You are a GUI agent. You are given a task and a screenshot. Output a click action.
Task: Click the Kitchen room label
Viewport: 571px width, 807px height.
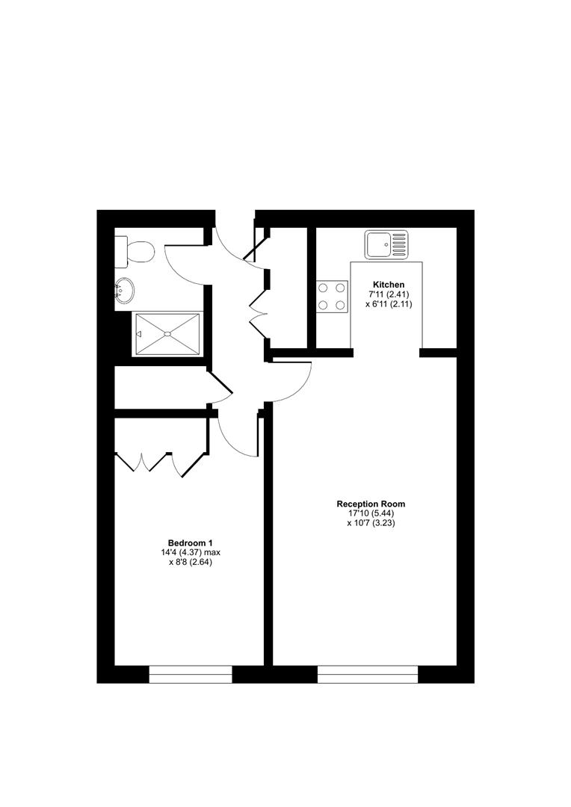pos(389,285)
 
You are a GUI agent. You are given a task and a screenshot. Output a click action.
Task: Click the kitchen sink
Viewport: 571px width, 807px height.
pos(387,244)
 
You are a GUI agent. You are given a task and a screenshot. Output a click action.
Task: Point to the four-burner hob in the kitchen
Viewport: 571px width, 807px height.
pos(332,295)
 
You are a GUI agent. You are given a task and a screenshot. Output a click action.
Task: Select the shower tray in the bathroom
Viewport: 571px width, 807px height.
pos(167,334)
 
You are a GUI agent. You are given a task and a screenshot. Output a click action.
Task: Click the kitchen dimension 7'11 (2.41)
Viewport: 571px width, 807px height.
pos(389,294)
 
